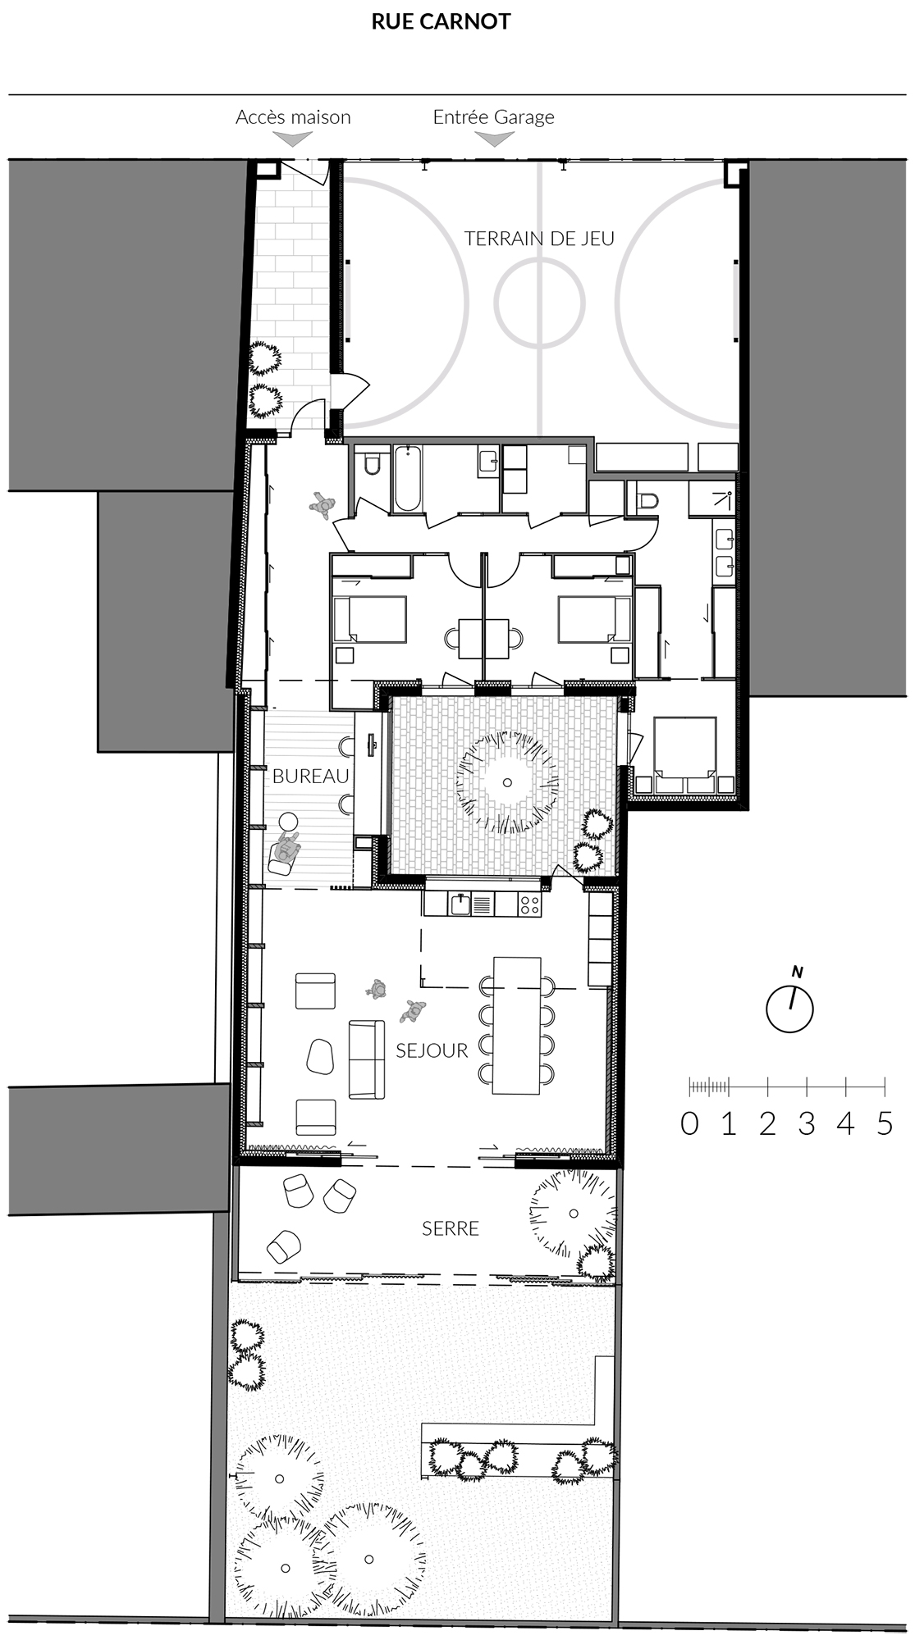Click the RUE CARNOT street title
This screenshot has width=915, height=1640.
[x=441, y=21]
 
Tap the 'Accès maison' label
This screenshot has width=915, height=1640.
[x=293, y=117]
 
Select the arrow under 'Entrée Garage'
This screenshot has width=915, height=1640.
[x=495, y=139]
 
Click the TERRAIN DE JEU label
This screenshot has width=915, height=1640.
[x=539, y=238]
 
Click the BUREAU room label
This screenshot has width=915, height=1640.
[x=311, y=776]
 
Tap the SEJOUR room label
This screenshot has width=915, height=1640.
[x=432, y=1050]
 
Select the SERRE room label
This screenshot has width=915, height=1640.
[x=451, y=1228]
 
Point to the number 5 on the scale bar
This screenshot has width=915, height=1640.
[x=884, y=1123]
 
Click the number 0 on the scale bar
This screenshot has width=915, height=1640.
[x=689, y=1123]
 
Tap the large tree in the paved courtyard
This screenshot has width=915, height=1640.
[x=507, y=782]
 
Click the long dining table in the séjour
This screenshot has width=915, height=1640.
[x=516, y=1025]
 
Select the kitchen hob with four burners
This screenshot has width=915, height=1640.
[x=530, y=904]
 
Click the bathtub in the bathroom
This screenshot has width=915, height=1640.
[x=408, y=479]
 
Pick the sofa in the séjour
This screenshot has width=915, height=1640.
[x=367, y=1059]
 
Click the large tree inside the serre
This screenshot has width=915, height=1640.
[x=572, y=1214]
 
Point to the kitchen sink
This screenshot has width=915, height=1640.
[x=461, y=904]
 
